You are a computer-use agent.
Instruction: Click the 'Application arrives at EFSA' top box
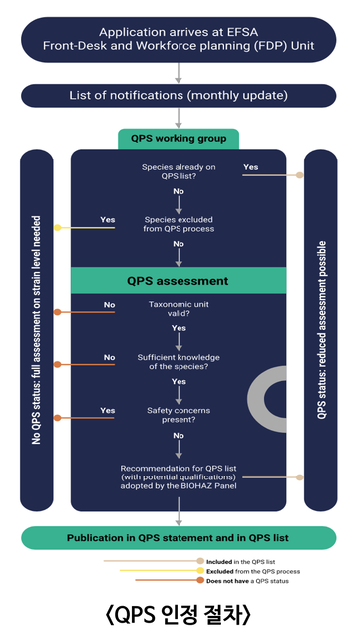[179, 39]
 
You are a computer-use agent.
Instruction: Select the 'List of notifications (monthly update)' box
[179, 96]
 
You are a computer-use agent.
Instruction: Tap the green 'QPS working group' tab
[179, 139]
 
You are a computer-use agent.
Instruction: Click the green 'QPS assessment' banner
[179, 281]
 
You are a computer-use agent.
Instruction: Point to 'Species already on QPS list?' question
[179, 171]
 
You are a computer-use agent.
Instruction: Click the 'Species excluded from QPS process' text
[179, 224]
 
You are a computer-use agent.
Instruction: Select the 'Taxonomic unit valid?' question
[179, 309]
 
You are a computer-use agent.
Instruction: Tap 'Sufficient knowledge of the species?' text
[179, 362]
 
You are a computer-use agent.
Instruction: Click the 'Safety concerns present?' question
[179, 415]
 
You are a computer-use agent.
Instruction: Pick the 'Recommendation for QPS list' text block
[179, 476]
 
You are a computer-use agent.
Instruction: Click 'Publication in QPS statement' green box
[179, 538]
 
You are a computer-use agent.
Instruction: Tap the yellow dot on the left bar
[58, 228]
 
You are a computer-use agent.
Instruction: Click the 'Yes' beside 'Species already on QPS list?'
[251, 167]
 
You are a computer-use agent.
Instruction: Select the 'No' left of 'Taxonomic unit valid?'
[109, 305]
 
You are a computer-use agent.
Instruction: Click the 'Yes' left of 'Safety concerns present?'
[108, 411]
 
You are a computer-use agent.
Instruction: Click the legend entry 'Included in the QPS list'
[241, 562]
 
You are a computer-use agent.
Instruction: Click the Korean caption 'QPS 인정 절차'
[179, 615]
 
